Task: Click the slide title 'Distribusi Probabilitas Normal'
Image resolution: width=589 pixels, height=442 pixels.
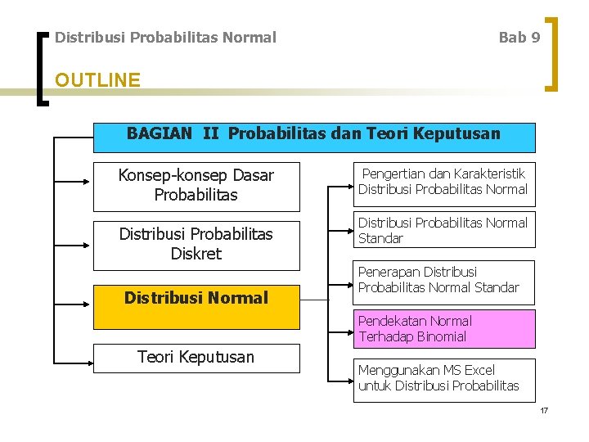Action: (165, 38)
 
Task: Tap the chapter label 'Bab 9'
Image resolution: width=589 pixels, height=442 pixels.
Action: (519, 38)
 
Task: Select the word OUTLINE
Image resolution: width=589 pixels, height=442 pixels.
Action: (97, 80)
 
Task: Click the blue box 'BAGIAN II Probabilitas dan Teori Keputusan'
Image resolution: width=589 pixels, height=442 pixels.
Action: (314, 138)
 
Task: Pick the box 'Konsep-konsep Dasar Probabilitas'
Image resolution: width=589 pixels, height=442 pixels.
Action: (196, 186)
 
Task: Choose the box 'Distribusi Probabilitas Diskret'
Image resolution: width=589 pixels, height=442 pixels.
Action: (196, 245)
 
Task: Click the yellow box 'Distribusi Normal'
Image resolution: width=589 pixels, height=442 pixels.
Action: (196, 299)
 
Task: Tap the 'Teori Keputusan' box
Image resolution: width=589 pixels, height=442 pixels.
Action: (196, 358)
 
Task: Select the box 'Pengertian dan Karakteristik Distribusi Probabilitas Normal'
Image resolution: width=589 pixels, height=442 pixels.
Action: (443, 183)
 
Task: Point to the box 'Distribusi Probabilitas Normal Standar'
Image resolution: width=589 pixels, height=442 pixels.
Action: (443, 231)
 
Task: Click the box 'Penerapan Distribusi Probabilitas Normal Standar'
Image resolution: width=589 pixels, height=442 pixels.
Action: (443, 280)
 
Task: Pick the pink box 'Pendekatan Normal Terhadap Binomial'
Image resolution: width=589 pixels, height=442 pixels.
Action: (443, 329)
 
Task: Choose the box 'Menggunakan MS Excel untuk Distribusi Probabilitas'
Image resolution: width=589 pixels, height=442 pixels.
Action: (443, 378)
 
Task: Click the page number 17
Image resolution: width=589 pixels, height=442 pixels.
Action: (543, 409)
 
